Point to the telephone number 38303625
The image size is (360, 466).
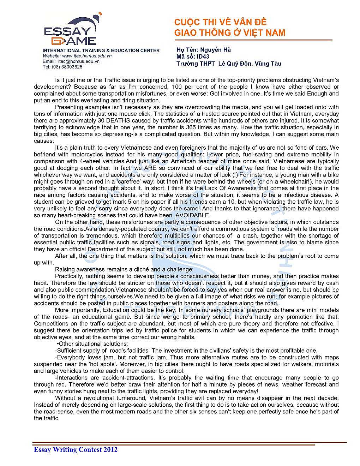coord(72,67)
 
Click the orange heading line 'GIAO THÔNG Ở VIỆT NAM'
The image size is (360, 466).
coord(229,33)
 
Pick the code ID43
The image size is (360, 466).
coord(203,56)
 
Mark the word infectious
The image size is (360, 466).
coord(295,195)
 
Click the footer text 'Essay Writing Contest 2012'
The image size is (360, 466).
coord(76,449)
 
